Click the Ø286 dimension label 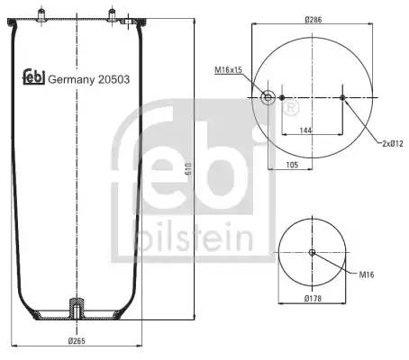click(314, 20)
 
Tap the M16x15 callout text click(228, 70)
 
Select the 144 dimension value click(305, 130)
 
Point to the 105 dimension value click(292, 165)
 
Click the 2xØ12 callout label click(393, 144)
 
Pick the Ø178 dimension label click(313, 299)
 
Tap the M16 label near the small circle click(367, 274)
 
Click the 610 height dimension click(188, 169)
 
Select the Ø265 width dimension click(77, 341)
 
